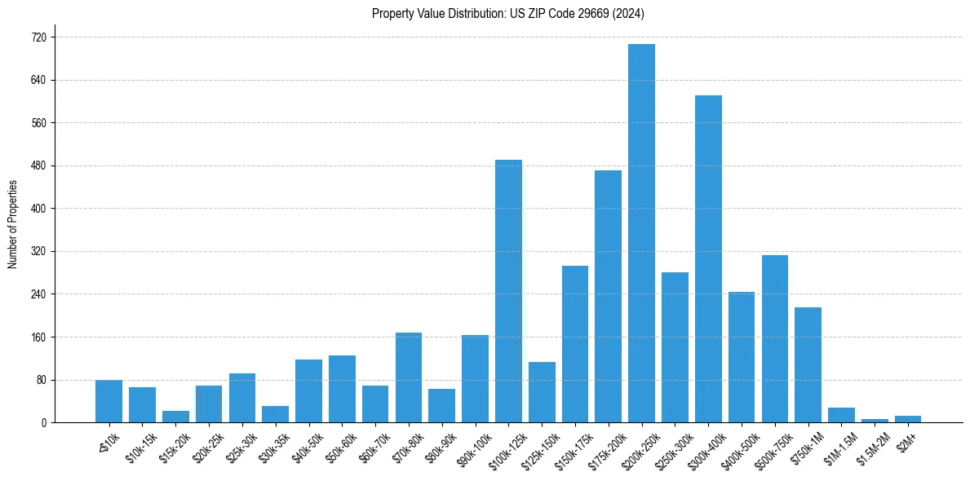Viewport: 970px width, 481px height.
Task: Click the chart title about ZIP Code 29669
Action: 508,14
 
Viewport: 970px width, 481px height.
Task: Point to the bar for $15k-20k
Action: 175,417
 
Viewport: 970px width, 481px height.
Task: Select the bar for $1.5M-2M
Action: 875,420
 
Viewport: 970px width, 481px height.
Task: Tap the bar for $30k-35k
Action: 275,414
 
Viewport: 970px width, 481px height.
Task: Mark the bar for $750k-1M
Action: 808,364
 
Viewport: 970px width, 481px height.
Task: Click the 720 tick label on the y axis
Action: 38,38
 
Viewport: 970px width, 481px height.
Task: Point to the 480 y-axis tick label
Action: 38,166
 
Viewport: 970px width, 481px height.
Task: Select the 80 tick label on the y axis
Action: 41,380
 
